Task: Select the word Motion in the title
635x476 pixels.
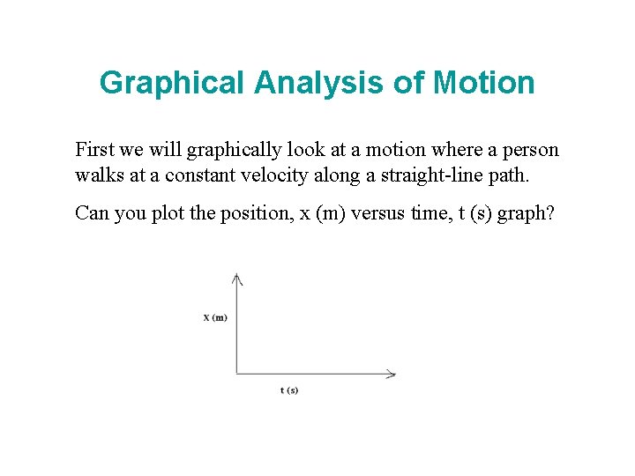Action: pos(484,83)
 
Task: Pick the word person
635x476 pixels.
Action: pos(533,151)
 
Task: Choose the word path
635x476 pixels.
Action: pos(512,175)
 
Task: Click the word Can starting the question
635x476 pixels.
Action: pos(91,213)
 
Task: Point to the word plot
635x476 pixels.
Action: pos(159,213)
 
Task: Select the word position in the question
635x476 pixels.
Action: pos(238,213)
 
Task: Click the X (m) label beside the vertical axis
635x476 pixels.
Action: pos(214,317)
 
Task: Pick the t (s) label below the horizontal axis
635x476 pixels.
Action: pos(289,390)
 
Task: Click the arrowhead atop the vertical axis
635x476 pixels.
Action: pos(236,279)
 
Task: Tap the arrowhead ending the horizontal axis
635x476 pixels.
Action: pos(391,374)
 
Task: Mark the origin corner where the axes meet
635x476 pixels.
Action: pos(236,374)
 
